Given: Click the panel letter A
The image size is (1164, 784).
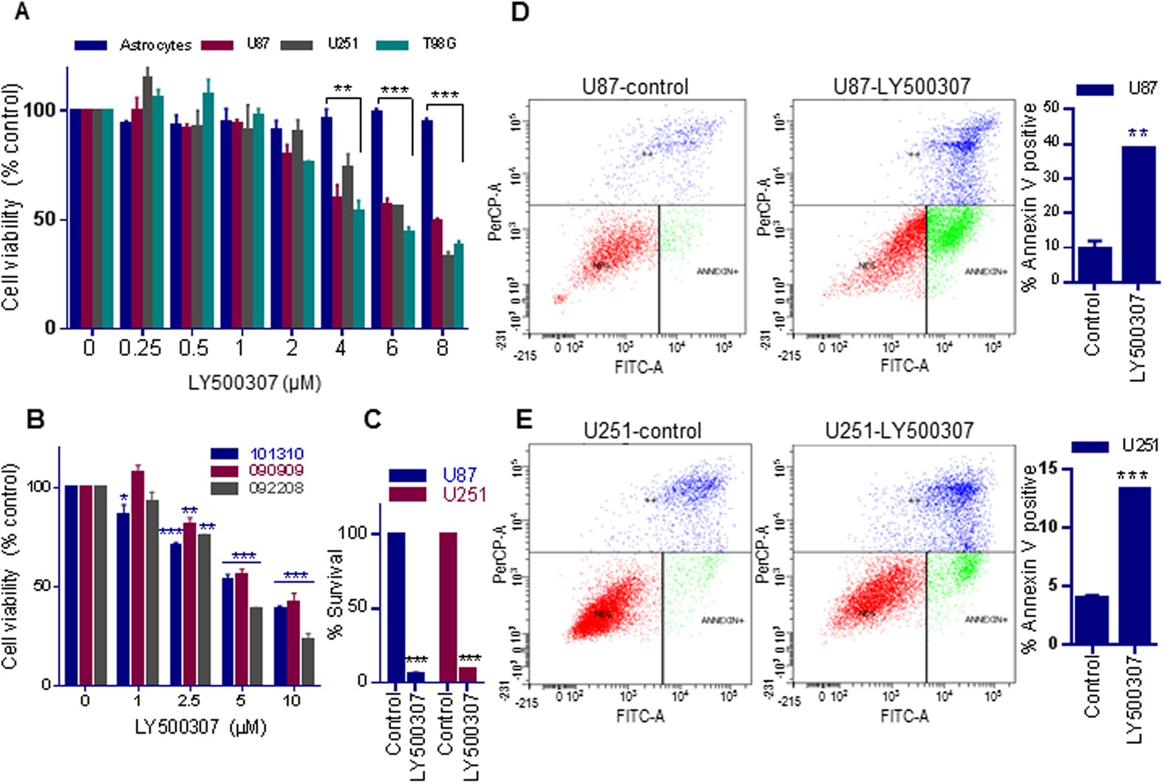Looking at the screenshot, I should (21, 12).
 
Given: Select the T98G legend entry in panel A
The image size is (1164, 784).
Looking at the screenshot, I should (438, 44).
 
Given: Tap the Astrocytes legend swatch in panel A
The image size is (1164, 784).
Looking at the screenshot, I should (91, 45).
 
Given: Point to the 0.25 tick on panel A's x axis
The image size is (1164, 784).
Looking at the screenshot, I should (140, 347).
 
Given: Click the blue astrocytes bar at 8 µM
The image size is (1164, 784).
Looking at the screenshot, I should (426, 223).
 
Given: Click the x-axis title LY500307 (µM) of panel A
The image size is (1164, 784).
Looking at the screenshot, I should (254, 382).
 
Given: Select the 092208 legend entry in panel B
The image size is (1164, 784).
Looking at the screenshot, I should (276, 488).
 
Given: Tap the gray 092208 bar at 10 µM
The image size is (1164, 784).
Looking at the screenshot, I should (307, 660).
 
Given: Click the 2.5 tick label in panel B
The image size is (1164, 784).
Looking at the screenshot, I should (189, 700).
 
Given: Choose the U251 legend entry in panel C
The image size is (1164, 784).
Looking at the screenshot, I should (464, 494).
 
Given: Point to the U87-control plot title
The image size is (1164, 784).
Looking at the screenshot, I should (635, 87).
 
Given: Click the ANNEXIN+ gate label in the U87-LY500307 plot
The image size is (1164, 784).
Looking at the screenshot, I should (986, 271).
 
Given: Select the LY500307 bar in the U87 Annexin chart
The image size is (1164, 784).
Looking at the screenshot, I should (1138, 214).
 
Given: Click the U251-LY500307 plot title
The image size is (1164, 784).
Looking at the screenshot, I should (899, 430).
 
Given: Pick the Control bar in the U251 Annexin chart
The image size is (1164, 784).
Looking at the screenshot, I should (1092, 620).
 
